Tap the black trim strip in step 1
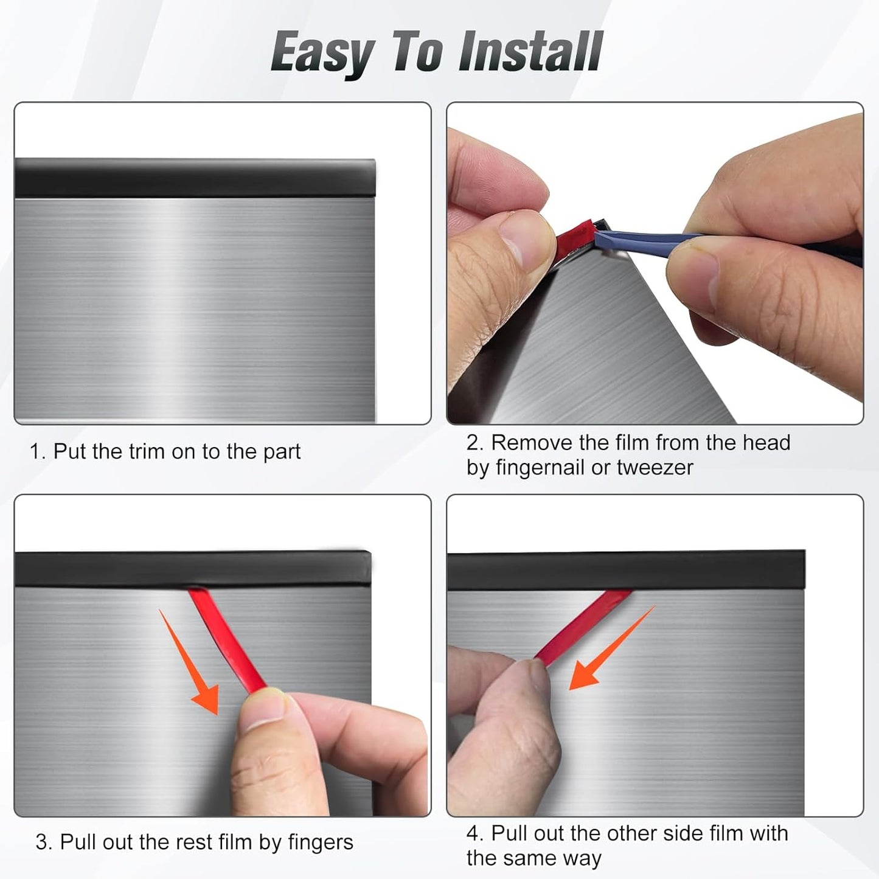195,178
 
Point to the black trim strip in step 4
627,570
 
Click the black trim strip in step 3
192,569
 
